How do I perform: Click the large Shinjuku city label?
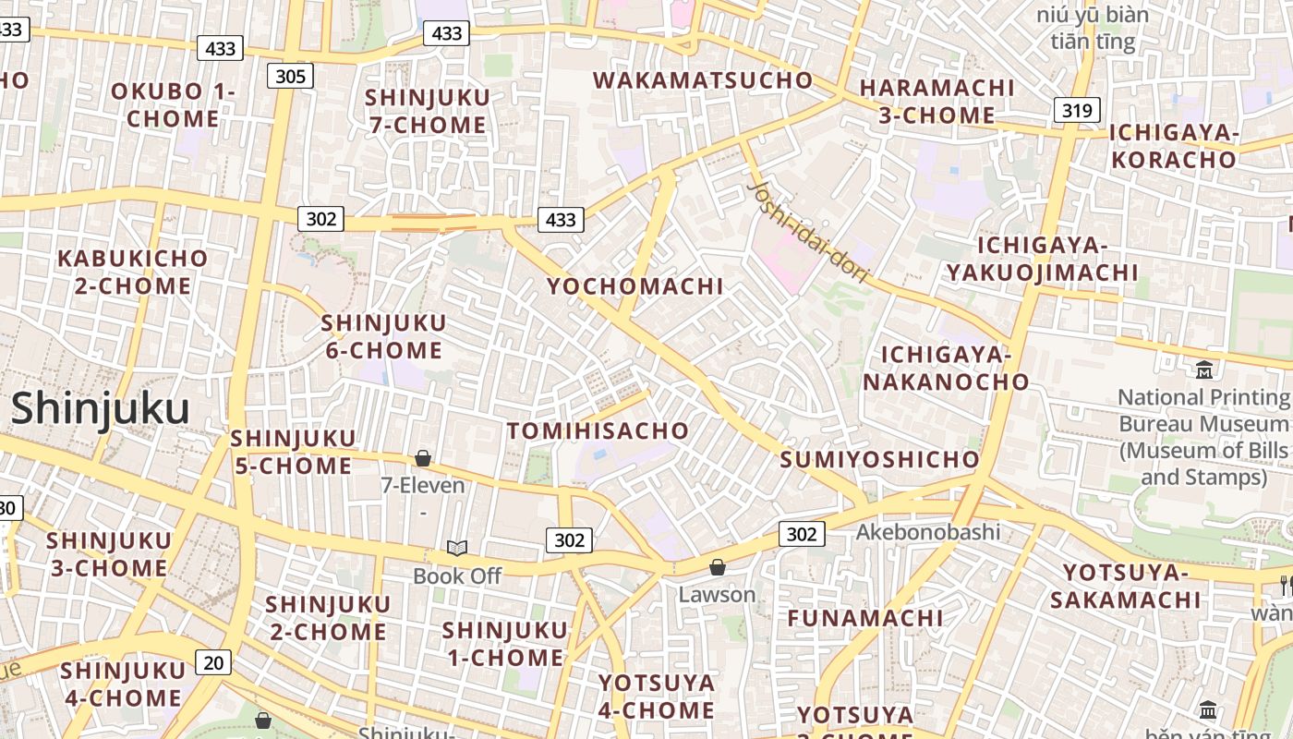tap(100, 408)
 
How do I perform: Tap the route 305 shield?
tap(290, 76)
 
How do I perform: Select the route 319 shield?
tap(1077, 111)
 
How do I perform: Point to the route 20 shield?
tap(212, 661)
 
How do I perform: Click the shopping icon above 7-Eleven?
tap(423, 458)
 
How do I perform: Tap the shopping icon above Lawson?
tap(718, 567)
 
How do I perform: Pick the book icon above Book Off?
tap(457, 548)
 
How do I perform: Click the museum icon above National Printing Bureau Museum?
tap(1204, 370)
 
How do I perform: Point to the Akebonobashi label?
tap(927, 531)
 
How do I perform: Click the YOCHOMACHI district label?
tap(634, 286)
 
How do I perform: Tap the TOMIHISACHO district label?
tap(598, 430)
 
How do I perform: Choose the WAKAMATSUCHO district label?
tap(703, 80)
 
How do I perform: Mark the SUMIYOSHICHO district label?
tap(879, 459)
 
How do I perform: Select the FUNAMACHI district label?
tap(864, 617)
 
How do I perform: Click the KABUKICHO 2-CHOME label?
tap(133, 272)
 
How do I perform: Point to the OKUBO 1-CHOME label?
tap(173, 104)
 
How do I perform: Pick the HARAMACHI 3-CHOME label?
tap(937, 102)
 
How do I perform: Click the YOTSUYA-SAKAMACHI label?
tap(1125, 586)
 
